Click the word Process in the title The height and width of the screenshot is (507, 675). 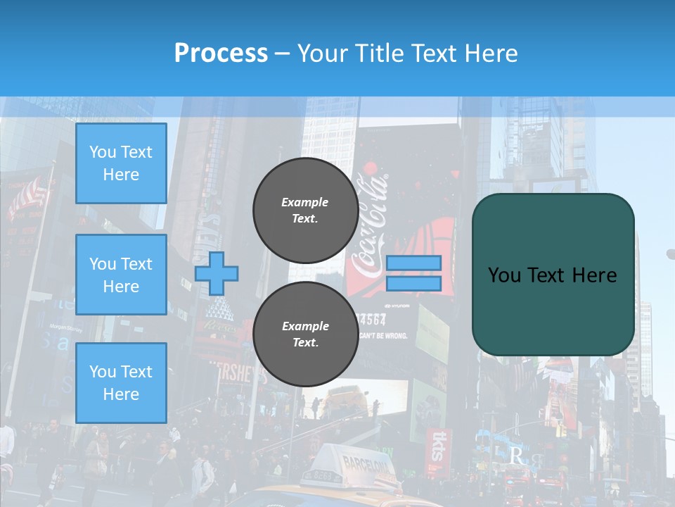coord(221,54)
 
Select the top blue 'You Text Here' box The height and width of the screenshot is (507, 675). coord(121,163)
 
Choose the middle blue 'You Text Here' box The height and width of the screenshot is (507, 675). coord(121,275)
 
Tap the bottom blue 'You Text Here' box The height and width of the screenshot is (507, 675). coord(121,383)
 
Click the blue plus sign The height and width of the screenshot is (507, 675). coord(217,273)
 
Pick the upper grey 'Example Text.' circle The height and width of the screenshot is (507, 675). coord(305,210)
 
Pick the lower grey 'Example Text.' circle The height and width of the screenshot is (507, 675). coord(305,334)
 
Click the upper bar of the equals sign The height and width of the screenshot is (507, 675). coord(413,263)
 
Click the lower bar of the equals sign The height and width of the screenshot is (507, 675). coord(413,284)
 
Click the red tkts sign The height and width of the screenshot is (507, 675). coord(437,445)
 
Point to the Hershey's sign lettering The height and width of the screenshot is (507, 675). coord(236,374)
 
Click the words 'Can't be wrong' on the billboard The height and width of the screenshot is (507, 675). coord(383,336)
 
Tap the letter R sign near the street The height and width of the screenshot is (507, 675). coord(516,456)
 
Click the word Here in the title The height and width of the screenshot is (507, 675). coord(491,54)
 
